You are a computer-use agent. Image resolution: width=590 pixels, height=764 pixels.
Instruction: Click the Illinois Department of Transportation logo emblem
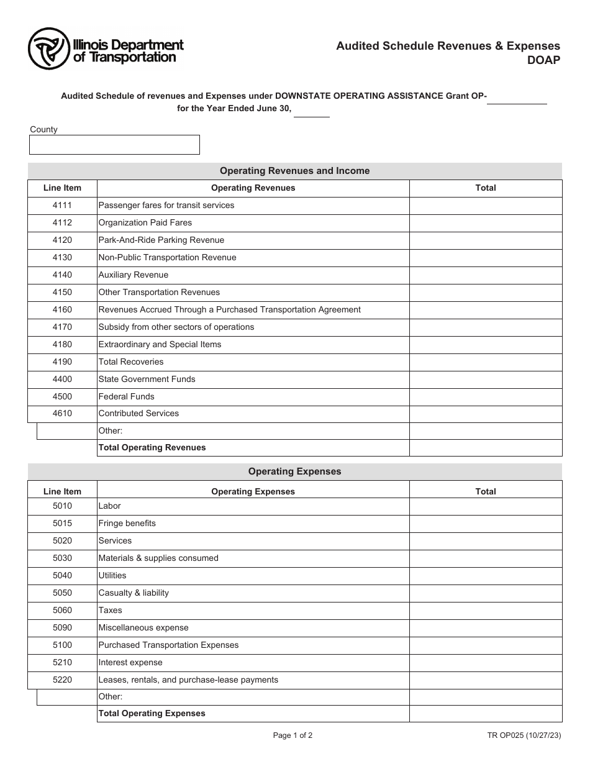48,49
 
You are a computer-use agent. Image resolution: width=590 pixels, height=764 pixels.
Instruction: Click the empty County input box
114,145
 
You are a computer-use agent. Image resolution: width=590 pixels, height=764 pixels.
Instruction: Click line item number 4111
62,206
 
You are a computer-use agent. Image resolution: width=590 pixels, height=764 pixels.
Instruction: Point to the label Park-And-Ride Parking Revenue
161,240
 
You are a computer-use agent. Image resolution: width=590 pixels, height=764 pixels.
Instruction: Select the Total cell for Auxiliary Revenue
486,275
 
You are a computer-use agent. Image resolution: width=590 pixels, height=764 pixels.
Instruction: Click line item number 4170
62,327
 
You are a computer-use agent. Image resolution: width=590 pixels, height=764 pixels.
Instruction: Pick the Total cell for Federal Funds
486,396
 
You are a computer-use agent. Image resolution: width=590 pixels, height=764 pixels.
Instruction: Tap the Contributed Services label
138,414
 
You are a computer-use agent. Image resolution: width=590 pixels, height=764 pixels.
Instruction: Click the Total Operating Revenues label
152,448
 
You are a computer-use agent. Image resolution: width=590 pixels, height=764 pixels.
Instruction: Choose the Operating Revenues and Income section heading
295,171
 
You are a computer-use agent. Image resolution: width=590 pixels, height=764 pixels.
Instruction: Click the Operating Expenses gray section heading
295,471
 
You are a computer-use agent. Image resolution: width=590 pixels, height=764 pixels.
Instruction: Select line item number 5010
62,506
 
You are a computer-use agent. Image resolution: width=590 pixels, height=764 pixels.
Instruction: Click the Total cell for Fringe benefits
486,524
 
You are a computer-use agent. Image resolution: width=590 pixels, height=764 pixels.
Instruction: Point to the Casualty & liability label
134,593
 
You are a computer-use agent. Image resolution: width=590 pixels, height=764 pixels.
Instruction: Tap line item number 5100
62,645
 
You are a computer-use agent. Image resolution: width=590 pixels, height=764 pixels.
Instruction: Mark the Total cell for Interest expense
486,663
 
